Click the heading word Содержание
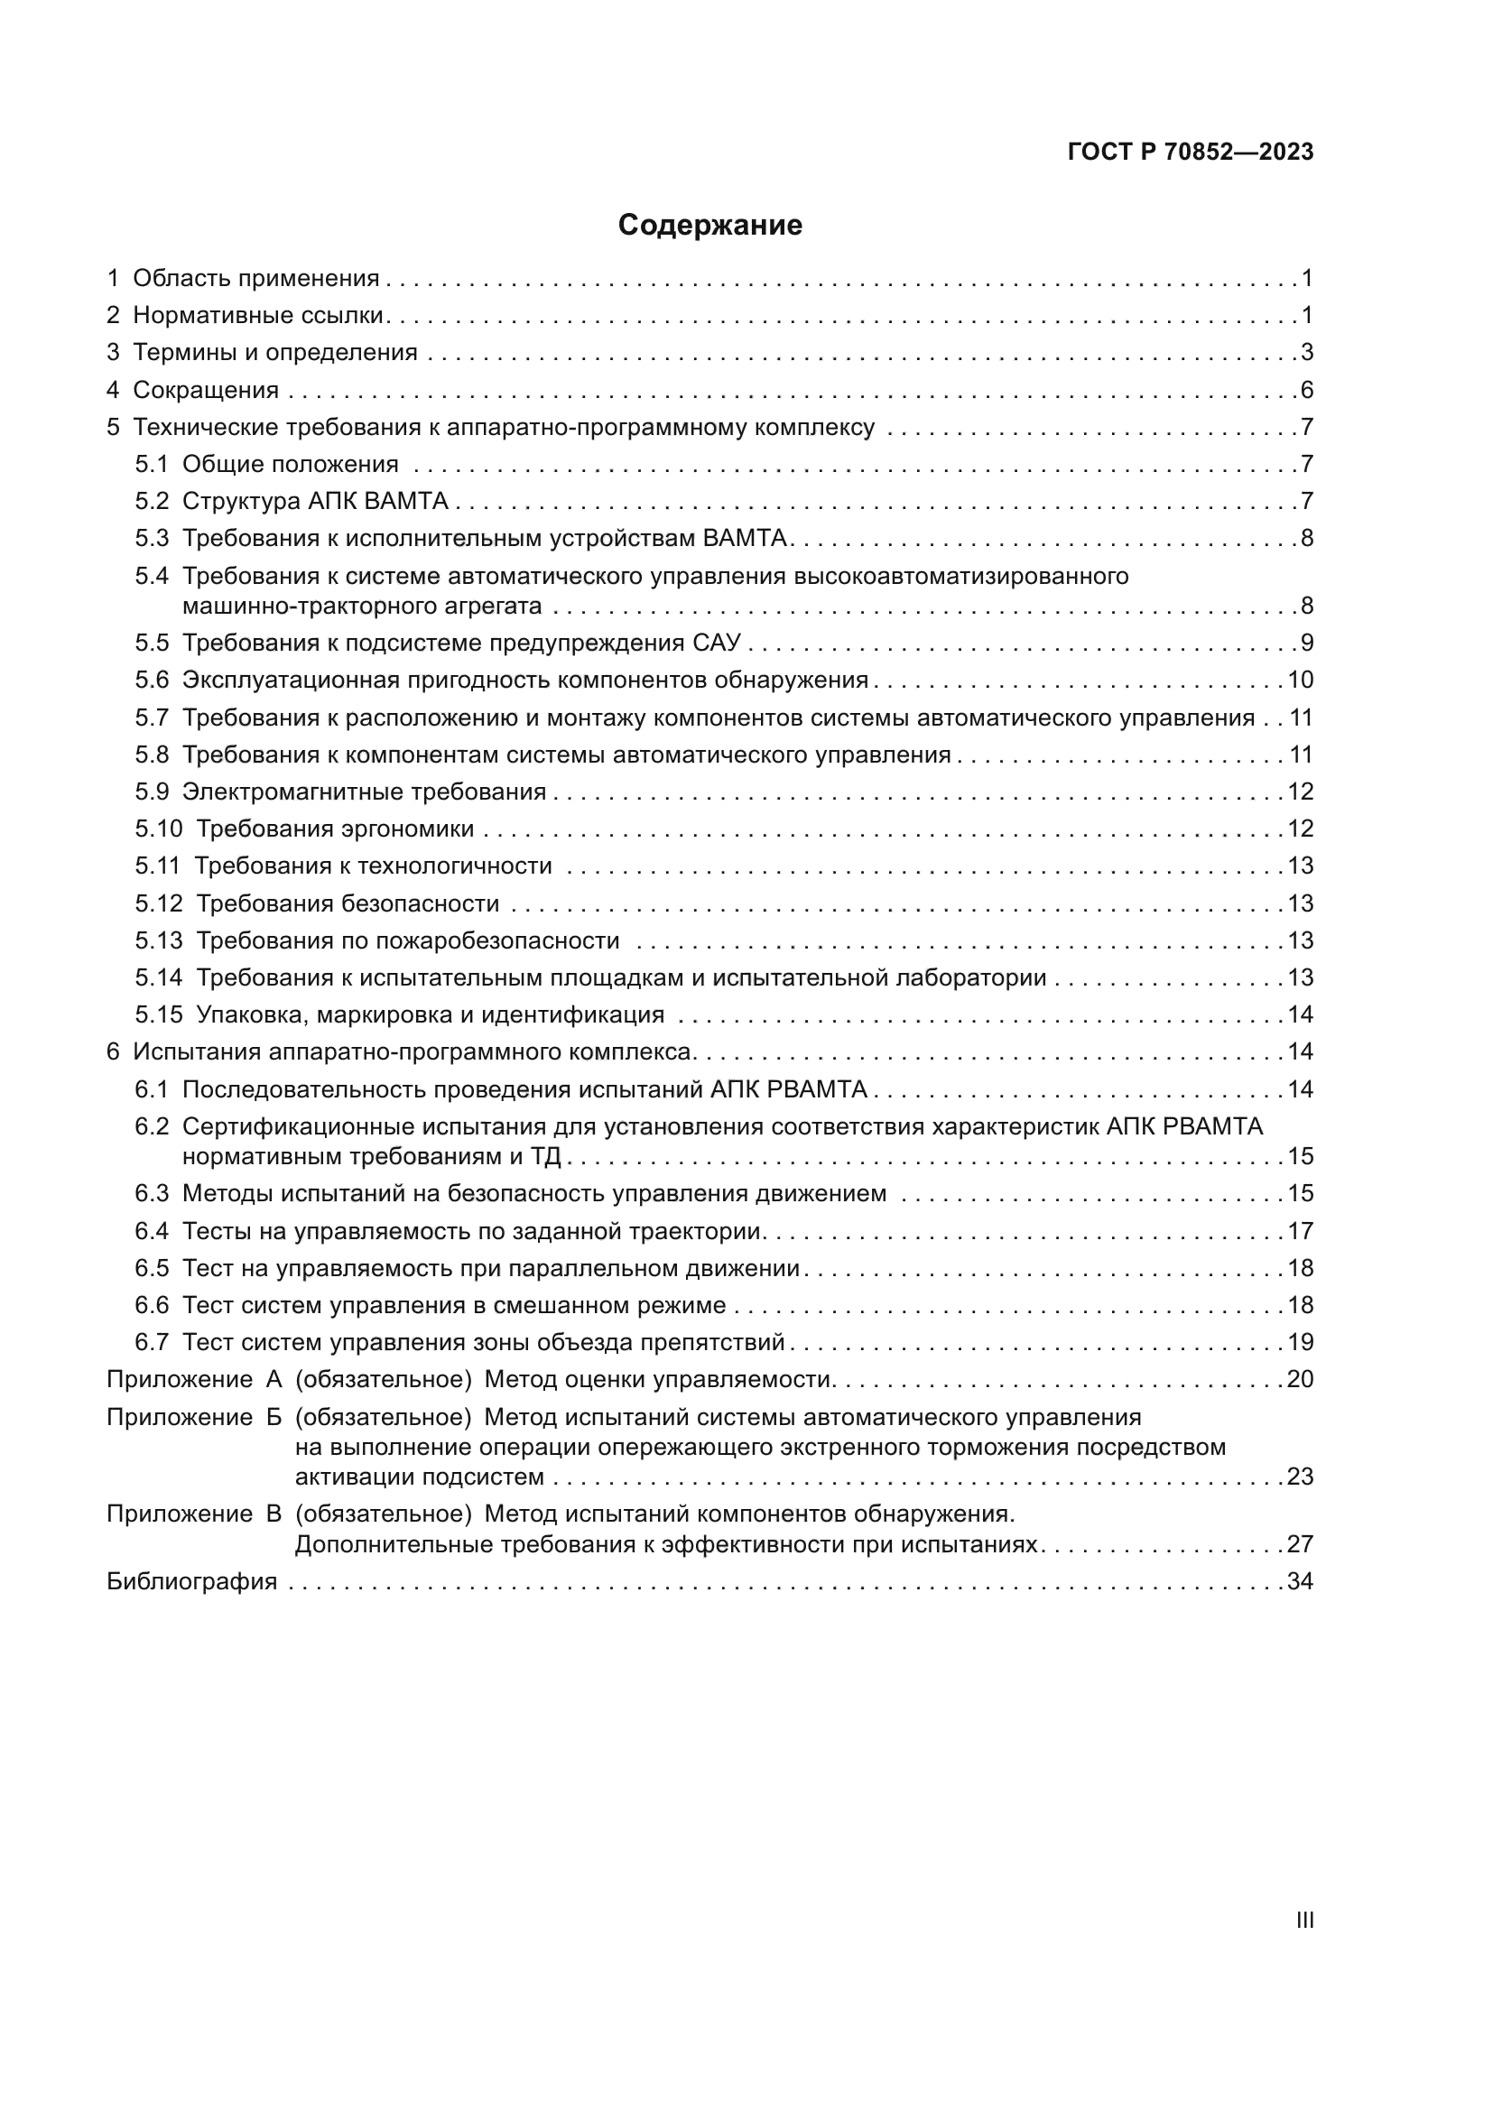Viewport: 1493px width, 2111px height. (x=709, y=226)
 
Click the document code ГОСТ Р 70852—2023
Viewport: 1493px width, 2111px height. (x=1191, y=153)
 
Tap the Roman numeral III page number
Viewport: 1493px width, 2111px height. (x=1303, y=1920)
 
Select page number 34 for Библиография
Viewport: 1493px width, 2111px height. (x=1300, y=1581)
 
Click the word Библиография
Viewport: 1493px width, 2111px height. (x=191, y=1581)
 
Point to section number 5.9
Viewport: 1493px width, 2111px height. (x=152, y=792)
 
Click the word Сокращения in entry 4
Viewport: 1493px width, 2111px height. (x=206, y=390)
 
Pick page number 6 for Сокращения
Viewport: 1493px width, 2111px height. (x=1306, y=390)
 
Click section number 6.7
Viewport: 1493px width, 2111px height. (x=152, y=1342)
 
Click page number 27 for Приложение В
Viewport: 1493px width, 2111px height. (x=1300, y=1543)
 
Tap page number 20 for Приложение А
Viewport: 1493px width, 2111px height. (x=1300, y=1379)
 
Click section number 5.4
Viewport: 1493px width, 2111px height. (x=152, y=577)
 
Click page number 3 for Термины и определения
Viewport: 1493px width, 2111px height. (x=1306, y=352)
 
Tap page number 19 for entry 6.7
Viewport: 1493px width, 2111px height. (x=1300, y=1342)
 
